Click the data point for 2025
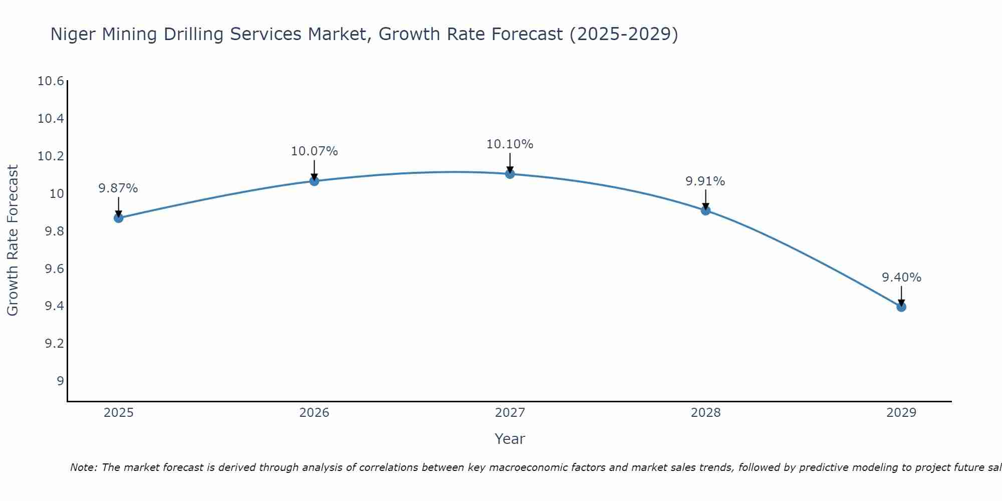point(119,218)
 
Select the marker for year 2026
point(314,181)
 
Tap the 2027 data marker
point(510,174)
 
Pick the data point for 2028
point(705,210)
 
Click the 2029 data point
point(901,307)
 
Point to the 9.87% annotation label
point(118,188)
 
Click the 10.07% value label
point(315,151)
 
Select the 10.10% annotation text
point(510,144)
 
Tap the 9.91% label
point(705,181)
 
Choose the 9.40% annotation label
point(901,278)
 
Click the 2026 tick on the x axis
point(314,413)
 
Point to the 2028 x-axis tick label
point(705,413)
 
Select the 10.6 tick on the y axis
point(51,81)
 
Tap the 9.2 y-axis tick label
point(54,344)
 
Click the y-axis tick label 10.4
point(51,119)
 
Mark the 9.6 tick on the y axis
point(54,269)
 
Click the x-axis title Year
point(510,439)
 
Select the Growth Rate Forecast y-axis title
point(13,240)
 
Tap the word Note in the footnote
point(83,467)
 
